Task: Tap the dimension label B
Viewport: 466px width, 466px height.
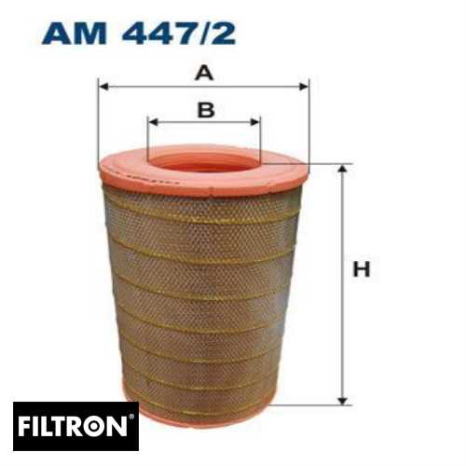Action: [x=205, y=110]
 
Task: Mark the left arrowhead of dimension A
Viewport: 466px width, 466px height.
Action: [x=103, y=86]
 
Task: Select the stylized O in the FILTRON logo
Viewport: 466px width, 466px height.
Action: [x=103, y=429]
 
